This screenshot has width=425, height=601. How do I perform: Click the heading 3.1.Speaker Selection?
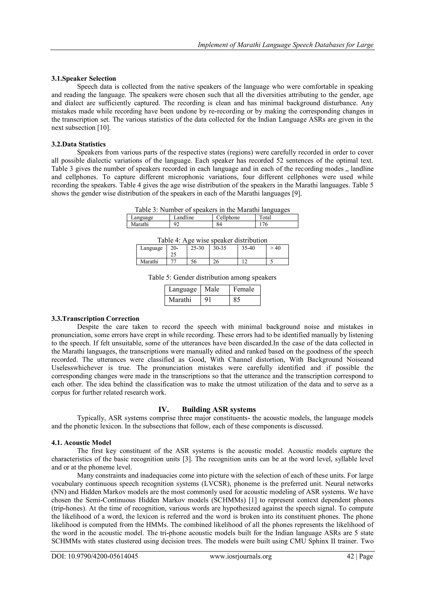83,78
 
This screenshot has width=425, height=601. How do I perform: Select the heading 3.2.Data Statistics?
78,144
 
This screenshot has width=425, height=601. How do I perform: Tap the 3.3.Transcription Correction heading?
95,319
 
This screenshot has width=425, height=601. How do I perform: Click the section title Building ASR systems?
219,409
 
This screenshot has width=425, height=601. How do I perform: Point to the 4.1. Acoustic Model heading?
81,443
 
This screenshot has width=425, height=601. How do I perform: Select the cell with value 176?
263,224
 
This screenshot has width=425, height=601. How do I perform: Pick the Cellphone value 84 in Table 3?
219,224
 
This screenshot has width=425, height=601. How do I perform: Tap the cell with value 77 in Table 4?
173,262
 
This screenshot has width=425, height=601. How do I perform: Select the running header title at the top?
285,45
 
